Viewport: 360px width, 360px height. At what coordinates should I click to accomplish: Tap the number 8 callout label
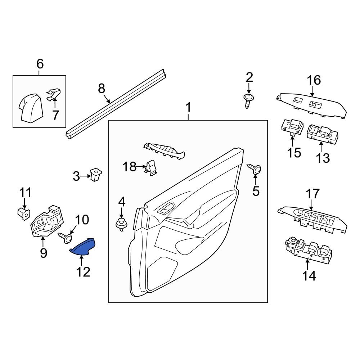(102, 88)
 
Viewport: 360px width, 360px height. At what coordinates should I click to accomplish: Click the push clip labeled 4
(122, 224)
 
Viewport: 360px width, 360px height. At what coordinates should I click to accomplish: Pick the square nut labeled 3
(96, 175)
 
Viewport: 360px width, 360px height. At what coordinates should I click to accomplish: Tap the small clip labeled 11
(23, 213)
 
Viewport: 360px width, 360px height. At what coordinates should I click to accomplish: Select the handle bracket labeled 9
(47, 223)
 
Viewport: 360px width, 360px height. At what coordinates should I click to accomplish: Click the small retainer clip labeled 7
(53, 94)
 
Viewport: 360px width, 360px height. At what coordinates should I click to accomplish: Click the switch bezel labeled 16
(312, 104)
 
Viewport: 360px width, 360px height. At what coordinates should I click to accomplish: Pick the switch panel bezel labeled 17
(312, 217)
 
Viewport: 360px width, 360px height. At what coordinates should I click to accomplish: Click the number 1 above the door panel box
(188, 108)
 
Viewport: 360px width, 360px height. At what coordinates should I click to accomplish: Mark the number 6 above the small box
(40, 64)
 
